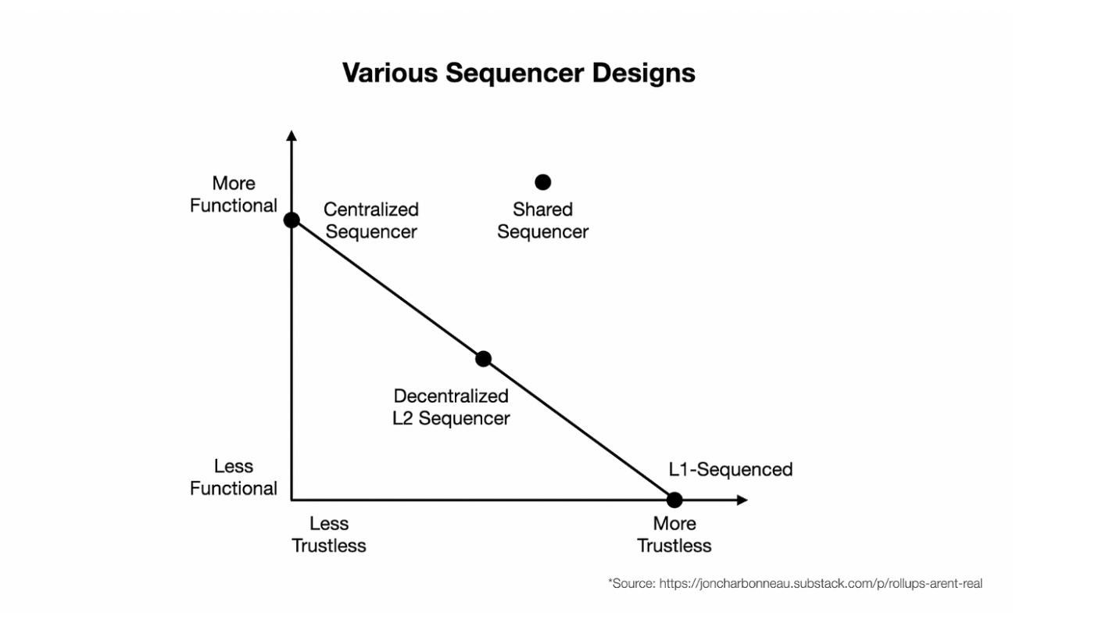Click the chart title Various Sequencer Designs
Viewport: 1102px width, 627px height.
click(x=518, y=73)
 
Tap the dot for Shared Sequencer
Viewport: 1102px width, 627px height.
click(x=542, y=182)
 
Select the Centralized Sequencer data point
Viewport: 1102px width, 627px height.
click(x=292, y=220)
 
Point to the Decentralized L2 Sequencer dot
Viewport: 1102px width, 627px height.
click(x=483, y=359)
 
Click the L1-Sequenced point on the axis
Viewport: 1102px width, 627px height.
click(x=674, y=500)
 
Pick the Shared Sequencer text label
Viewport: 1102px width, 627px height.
click(x=542, y=220)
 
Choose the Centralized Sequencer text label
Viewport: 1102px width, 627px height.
click(x=371, y=220)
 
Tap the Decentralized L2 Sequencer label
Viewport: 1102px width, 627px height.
click(x=451, y=407)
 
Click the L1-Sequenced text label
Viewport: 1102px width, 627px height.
click(x=731, y=469)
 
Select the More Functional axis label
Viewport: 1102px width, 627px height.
click(x=234, y=194)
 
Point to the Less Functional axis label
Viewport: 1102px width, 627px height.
click(x=234, y=477)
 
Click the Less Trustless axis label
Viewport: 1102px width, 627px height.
click(x=329, y=535)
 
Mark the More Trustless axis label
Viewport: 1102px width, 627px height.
click(x=674, y=535)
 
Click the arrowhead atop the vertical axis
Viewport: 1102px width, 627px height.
click(x=292, y=135)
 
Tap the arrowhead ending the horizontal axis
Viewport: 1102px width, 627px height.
click(x=742, y=500)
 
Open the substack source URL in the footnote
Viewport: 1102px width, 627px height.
click(x=821, y=583)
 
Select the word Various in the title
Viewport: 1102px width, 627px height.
click(x=390, y=73)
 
